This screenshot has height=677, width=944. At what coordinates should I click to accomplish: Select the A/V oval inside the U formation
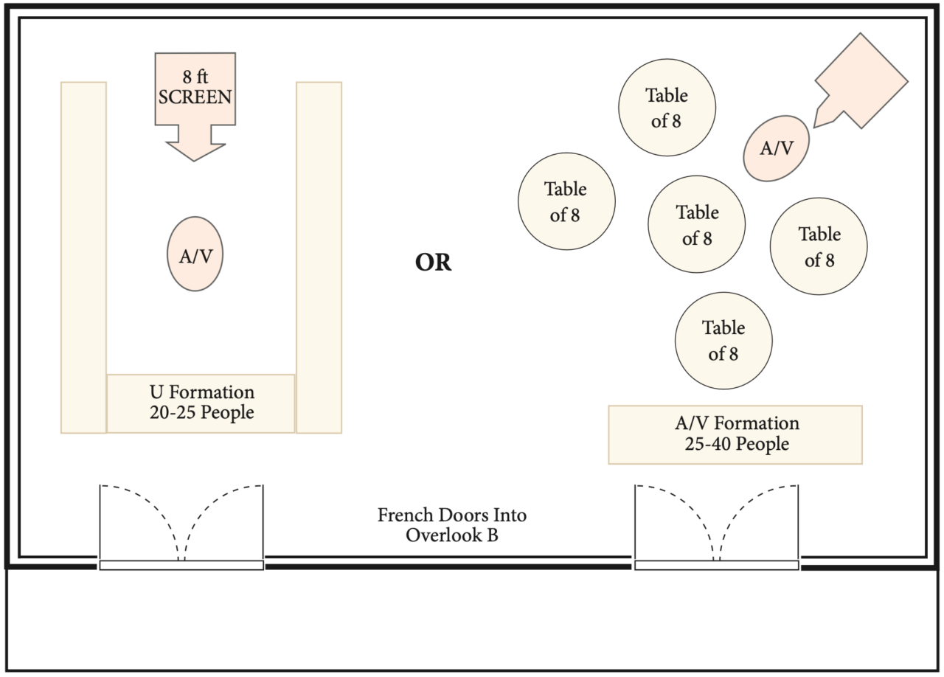click(x=195, y=254)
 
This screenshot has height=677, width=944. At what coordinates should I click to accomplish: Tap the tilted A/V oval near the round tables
click(x=777, y=148)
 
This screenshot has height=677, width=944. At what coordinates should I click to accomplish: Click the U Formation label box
click(x=201, y=403)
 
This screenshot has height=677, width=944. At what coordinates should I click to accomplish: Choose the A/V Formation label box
click(x=735, y=434)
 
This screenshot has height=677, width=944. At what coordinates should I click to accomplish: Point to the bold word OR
click(x=434, y=263)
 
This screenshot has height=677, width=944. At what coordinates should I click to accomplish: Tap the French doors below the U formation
click(x=181, y=525)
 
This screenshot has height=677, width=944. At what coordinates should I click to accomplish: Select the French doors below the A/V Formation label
click(x=717, y=525)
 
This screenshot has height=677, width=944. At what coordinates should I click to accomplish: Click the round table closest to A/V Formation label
click(x=723, y=341)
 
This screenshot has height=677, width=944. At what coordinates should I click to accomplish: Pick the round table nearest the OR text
click(x=566, y=201)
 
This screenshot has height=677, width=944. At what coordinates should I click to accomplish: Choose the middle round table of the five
click(x=697, y=224)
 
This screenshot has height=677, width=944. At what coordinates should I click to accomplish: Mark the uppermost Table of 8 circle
click(x=667, y=108)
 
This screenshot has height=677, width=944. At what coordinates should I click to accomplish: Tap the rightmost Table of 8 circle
click(x=819, y=246)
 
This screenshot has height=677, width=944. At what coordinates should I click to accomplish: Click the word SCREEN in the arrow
click(x=195, y=96)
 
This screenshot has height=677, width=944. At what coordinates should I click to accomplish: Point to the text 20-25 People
click(x=201, y=412)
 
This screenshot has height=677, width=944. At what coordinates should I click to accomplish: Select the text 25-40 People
click(x=735, y=444)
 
